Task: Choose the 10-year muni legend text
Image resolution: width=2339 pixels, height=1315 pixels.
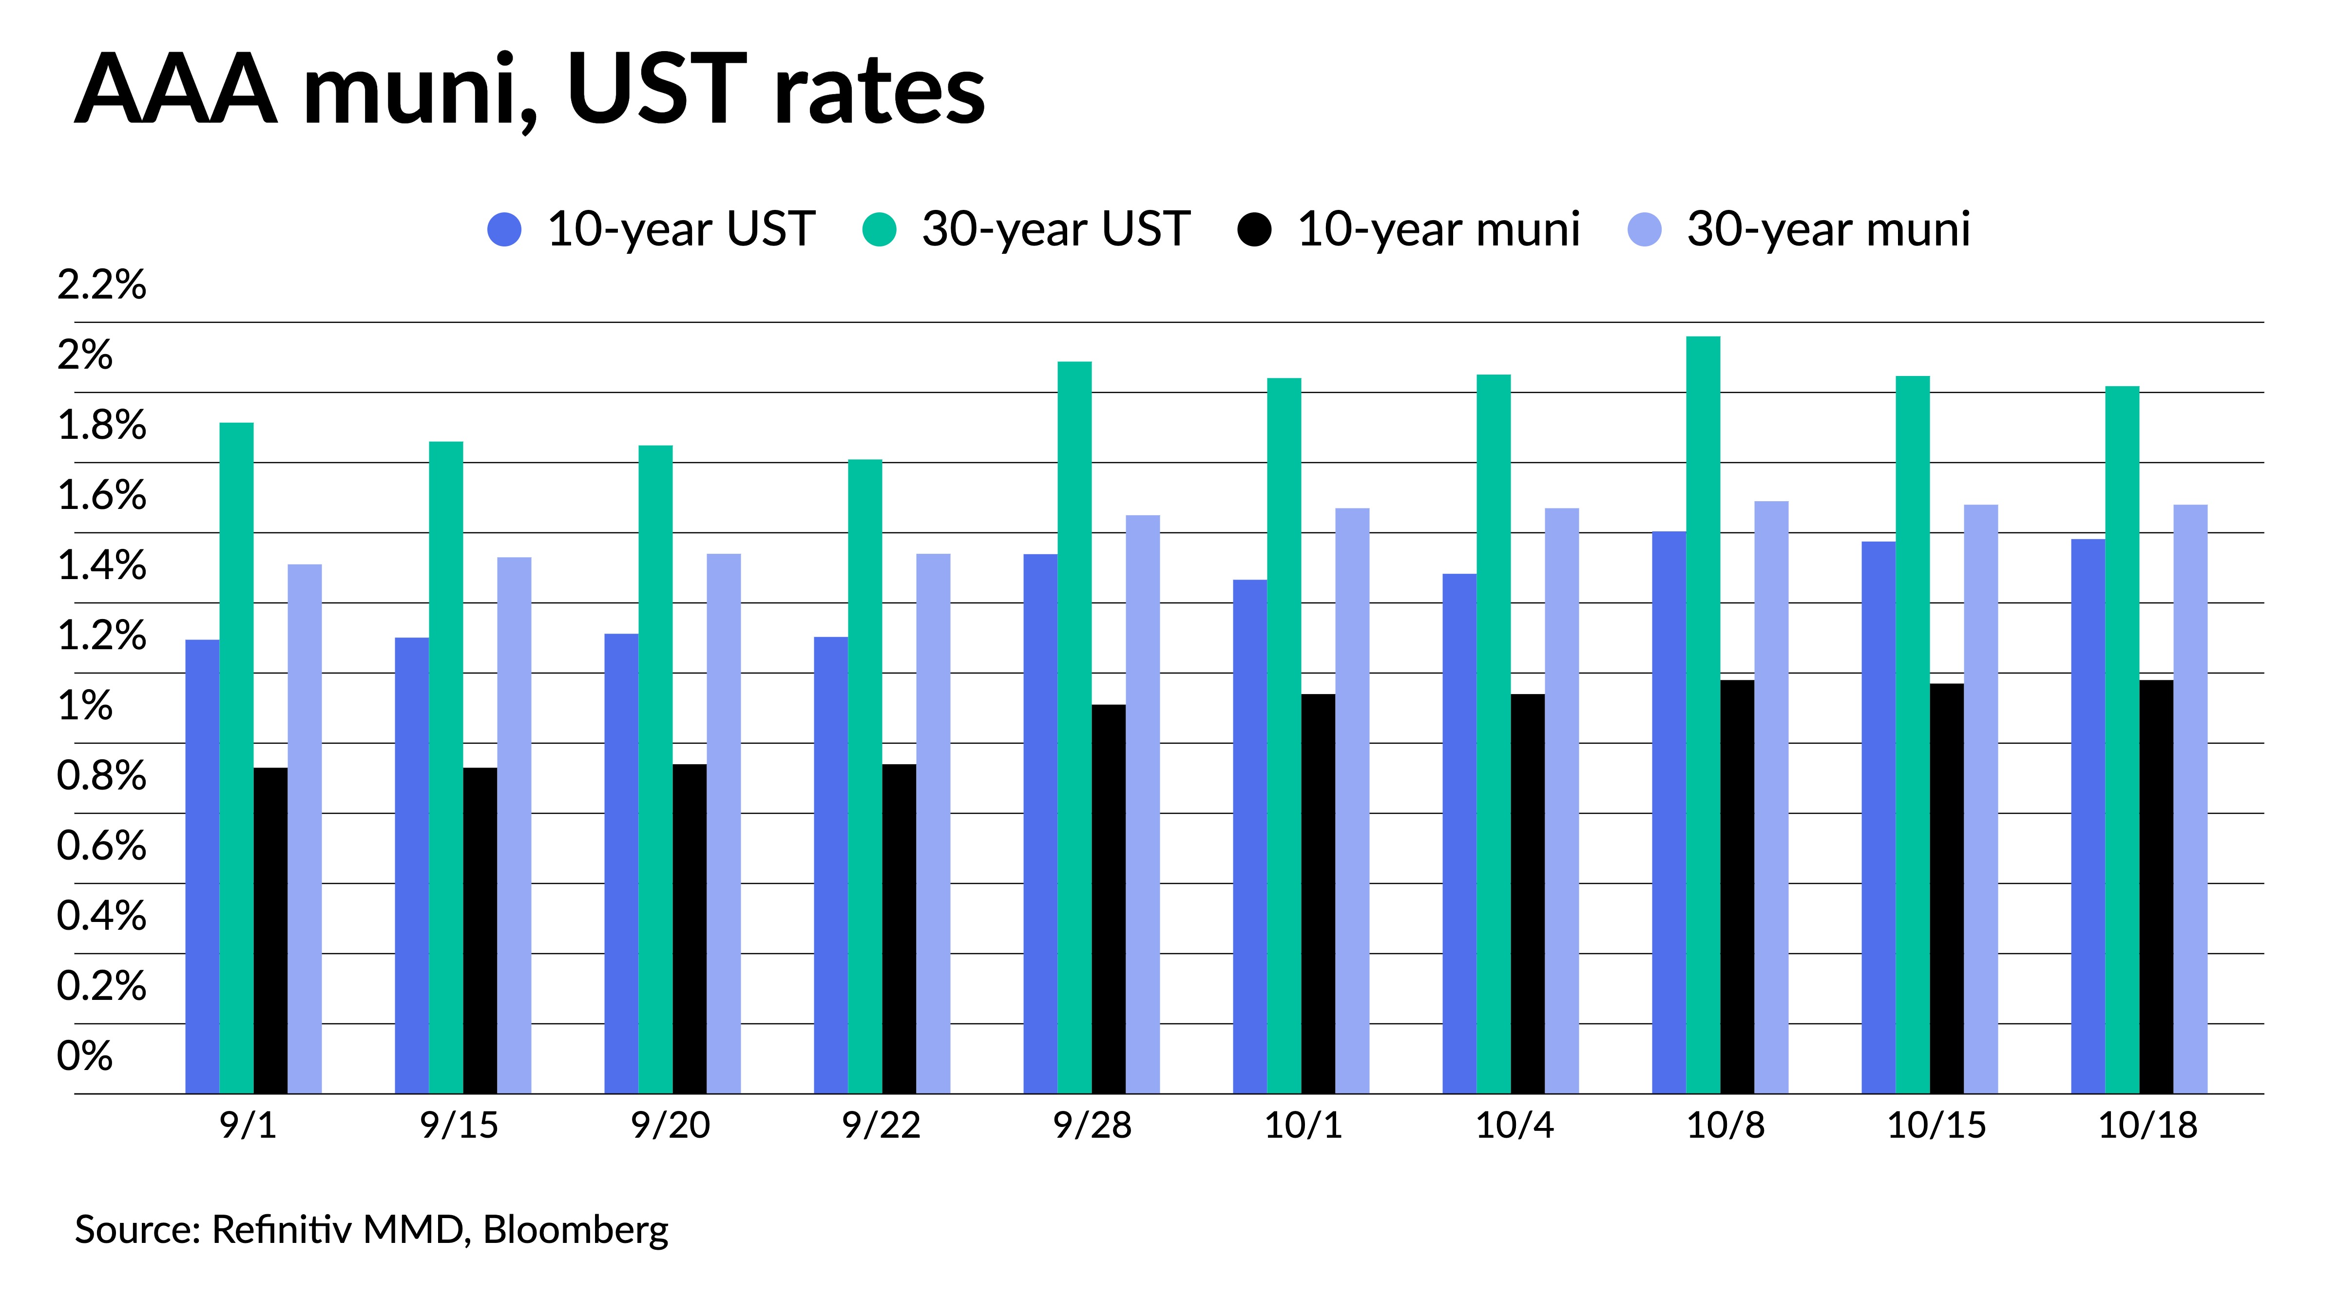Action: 1439,229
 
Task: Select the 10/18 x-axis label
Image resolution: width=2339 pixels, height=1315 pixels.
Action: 2147,1126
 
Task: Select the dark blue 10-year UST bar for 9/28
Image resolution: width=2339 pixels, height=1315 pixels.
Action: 1040,824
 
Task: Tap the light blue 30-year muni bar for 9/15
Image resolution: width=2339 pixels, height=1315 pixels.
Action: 514,825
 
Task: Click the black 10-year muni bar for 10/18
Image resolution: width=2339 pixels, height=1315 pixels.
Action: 2156,886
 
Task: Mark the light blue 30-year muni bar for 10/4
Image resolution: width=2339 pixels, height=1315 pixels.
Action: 1562,800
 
